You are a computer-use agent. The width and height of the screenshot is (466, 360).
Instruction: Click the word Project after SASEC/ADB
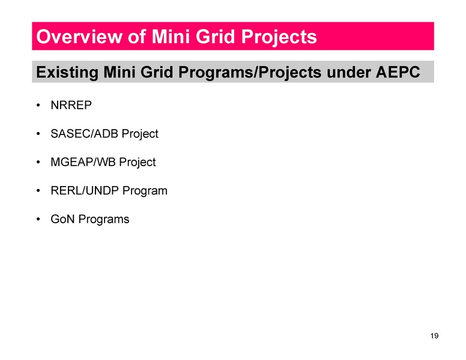click(140, 134)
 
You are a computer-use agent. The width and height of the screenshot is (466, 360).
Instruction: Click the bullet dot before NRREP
click(38, 106)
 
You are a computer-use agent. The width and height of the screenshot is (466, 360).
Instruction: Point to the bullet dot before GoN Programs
click(38, 219)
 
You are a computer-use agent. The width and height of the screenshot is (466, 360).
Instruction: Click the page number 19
click(435, 336)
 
